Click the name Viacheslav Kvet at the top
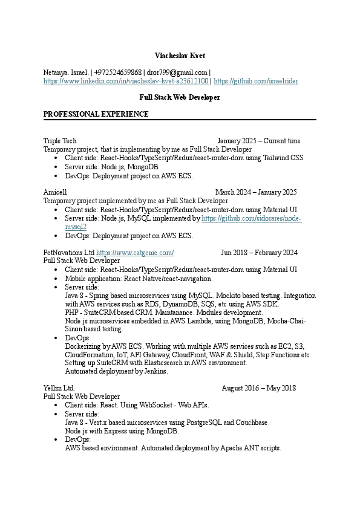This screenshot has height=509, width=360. point(180,56)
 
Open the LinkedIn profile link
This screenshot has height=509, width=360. point(126,80)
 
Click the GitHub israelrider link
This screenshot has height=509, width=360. point(256,80)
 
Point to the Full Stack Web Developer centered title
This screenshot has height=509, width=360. point(180,97)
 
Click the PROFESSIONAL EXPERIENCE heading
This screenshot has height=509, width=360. point(96,114)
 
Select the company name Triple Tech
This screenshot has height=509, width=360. point(60,141)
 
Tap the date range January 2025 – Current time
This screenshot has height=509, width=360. point(258,141)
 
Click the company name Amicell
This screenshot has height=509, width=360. point(55,192)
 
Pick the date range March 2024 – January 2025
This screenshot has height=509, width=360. point(256,192)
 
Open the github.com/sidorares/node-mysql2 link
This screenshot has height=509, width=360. point(251,218)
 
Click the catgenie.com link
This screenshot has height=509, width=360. point(135,252)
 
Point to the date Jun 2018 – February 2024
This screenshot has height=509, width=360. point(259,252)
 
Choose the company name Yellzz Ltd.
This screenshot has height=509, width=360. point(59,387)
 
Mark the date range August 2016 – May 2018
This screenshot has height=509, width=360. point(258,387)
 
